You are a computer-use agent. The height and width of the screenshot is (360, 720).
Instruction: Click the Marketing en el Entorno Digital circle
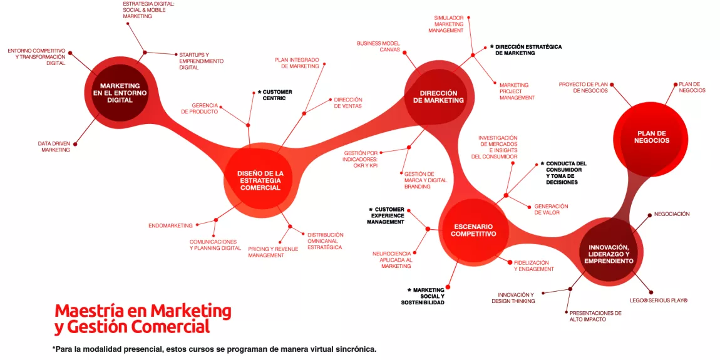pyautogui.click(x=115, y=93)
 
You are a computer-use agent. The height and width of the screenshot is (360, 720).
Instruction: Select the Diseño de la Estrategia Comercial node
pyautogui.click(x=259, y=180)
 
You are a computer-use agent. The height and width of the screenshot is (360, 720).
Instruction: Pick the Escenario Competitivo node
pyautogui.click(x=473, y=230)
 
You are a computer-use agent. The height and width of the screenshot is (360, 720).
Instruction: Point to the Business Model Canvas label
pyautogui.click(x=378, y=46)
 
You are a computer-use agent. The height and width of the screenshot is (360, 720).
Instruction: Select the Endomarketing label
pyautogui.click(x=170, y=225)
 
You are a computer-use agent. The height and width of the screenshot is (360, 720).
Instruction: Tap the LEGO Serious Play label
pyautogui.click(x=658, y=301)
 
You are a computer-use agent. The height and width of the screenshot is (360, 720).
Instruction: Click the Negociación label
pyautogui.click(x=672, y=214)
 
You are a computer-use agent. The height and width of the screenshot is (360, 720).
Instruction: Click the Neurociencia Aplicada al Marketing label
pyautogui.click(x=392, y=260)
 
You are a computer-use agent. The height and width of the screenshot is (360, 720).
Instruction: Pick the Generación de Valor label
pyautogui.click(x=551, y=209)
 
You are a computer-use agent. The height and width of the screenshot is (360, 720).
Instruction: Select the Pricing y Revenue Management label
pyautogui.click(x=273, y=252)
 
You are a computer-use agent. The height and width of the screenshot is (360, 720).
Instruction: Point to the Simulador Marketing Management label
pyautogui.click(x=448, y=24)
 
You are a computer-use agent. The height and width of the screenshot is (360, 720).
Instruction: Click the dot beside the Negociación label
pyautogui.click(x=649, y=214)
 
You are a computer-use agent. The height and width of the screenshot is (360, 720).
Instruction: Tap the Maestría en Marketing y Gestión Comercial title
pyautogui.click(x=143, y=318)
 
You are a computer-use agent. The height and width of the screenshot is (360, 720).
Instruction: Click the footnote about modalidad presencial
pyautogui.click(x=214, y=349)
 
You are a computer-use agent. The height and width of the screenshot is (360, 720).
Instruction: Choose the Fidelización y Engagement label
pyautogui.click(x=534, y=266)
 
